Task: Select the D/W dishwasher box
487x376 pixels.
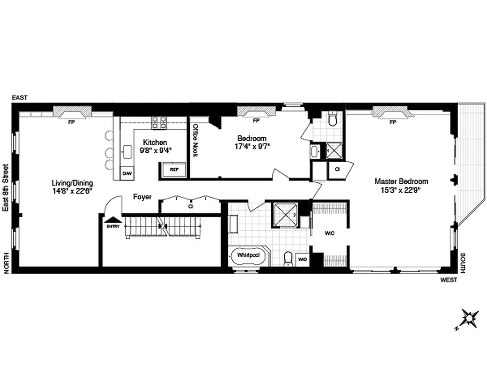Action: click(x=127, y=173)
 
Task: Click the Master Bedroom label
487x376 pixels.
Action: click(x=401, y=181)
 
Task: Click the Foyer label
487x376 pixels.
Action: click(x=142, y=197)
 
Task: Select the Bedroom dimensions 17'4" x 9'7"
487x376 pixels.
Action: click(x=252, y=146)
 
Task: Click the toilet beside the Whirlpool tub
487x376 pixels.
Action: click(x=288, y=258)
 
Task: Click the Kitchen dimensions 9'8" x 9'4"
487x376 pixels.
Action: click(x=155, y=150)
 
